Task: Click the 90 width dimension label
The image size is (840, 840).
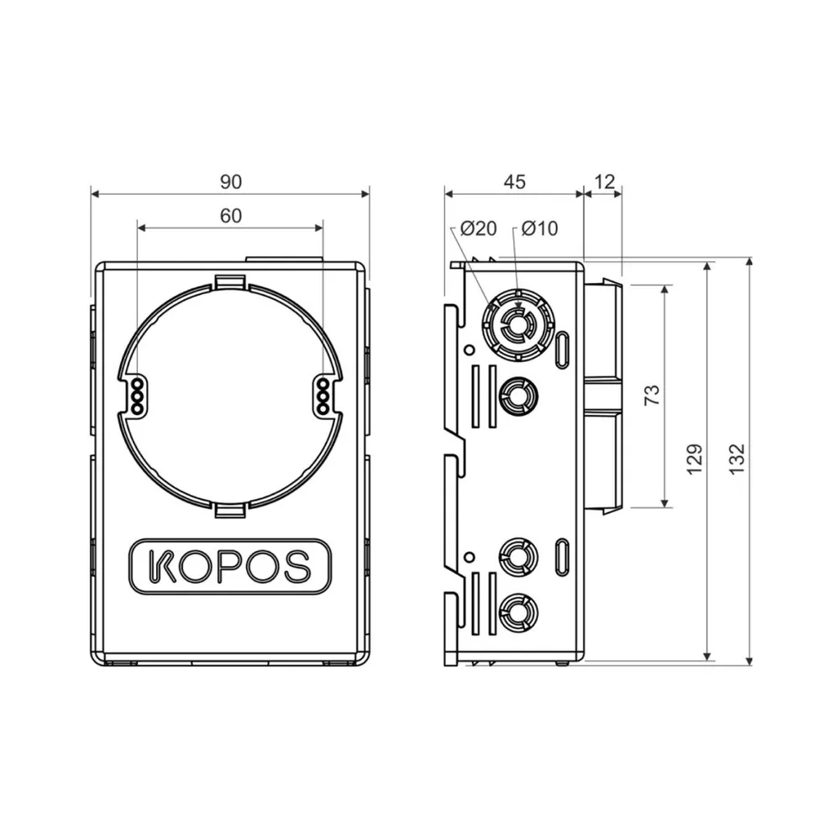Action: click(231, 182)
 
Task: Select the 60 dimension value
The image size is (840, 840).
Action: click(231, 216)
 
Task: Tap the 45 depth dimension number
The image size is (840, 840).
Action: click(514, 182)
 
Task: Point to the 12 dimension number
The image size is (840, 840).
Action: click(604, 182)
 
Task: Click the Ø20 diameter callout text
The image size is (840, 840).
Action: click(479, 228)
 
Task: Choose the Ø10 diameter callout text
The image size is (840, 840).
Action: click(539, 228)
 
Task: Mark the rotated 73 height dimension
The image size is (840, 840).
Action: click(652, 395)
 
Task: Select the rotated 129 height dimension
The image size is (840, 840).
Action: click(695, 459)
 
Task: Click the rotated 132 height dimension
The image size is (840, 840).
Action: click(738, 459)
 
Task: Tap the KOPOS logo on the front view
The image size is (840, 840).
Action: click(230, 566)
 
